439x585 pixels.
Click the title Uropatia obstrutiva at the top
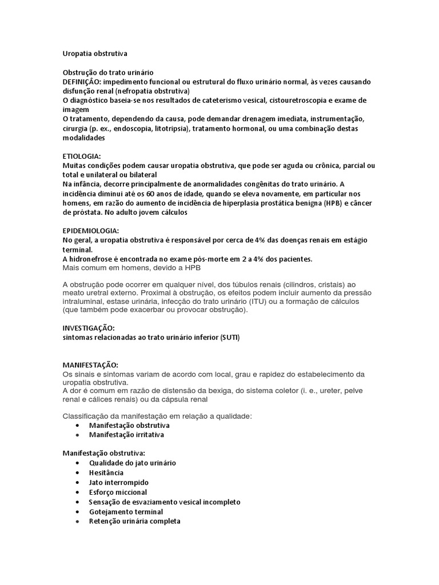click(x=95, y=54)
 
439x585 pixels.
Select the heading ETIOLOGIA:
click(x=81, y=156)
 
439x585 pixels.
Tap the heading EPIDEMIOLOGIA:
click(x=90, y=230)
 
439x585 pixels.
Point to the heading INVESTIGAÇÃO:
click(x=88, y=328)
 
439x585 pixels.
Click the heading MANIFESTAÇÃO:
click(x=90, y=364)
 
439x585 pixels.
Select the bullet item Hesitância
click(x=106, y=472)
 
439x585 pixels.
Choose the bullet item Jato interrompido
click(x=119, y=482)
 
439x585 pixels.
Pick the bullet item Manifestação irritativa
click(x=127, y=434)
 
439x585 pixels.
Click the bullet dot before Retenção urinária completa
click(x=77, y=522)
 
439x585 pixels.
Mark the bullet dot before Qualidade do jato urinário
click(x=77, y=463)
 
